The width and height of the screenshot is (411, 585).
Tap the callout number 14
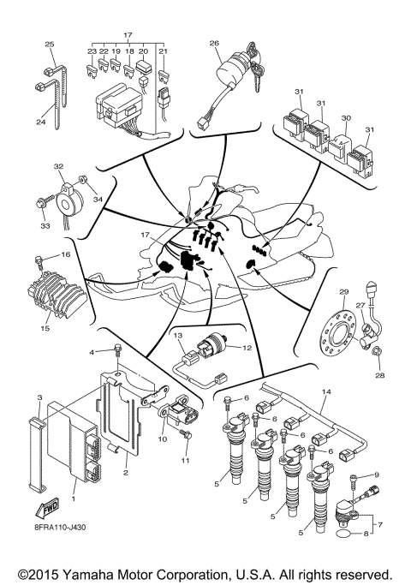[325, 391]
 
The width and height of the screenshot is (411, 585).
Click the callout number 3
[40, 399]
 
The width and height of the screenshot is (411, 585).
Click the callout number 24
[40, 122]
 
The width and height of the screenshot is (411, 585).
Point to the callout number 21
[163, 51]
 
